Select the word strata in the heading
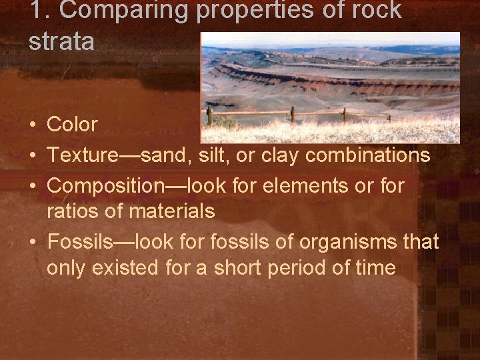click(61, 41)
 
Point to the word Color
click(73, 125)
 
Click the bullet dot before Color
click(33, 125)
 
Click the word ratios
click(70, 211)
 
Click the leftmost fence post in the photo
click(209, 116)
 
